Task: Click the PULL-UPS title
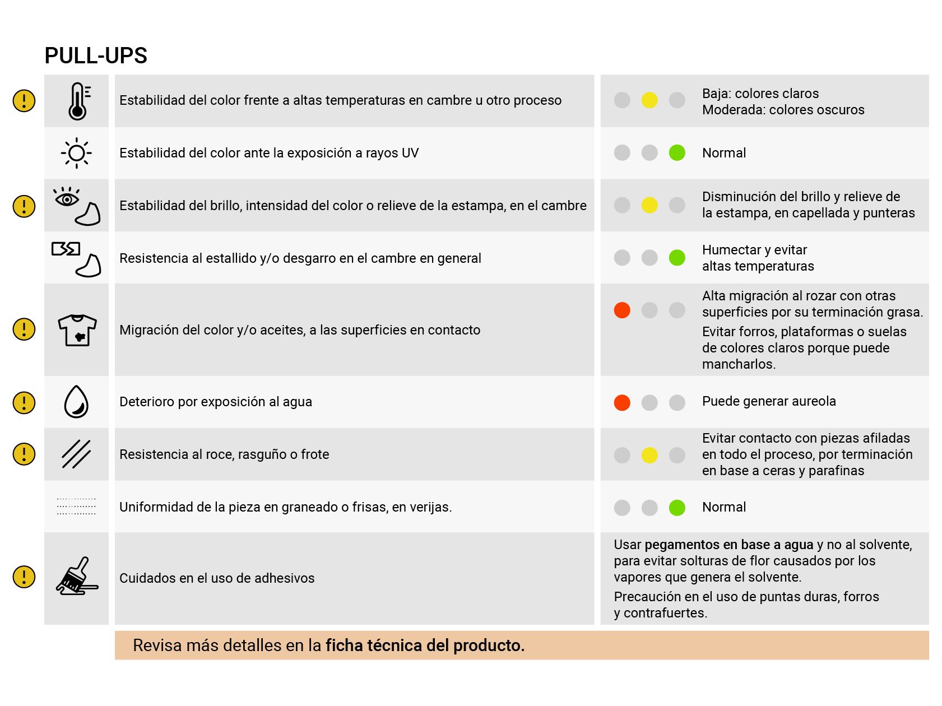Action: (x=96, y=55)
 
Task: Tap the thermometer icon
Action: (x=78, y=101)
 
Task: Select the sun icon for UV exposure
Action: (x=77, y=153)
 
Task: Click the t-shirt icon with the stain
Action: (x=77, y=329)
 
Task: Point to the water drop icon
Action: (x=77, y=402)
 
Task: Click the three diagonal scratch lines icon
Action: (x=76, y=454)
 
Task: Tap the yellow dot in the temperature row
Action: (x=649, y=100)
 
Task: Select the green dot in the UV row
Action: (x=677, y=152)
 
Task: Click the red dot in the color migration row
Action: (x=622, y=310)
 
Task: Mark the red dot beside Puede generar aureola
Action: (x=622, y=402)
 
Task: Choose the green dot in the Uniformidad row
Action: (x=677, y=508)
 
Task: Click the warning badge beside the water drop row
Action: (x=24, y=402)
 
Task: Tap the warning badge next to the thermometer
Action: (x=24, y=101)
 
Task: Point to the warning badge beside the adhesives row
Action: (x=24, y=577)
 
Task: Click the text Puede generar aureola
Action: (x=769, y=401)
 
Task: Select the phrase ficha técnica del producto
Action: (x=425, y=645)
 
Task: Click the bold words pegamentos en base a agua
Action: (x=728, y=545)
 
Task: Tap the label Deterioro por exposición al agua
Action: (x=216, y=402)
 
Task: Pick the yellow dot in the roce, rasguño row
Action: (x=649, y=455)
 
